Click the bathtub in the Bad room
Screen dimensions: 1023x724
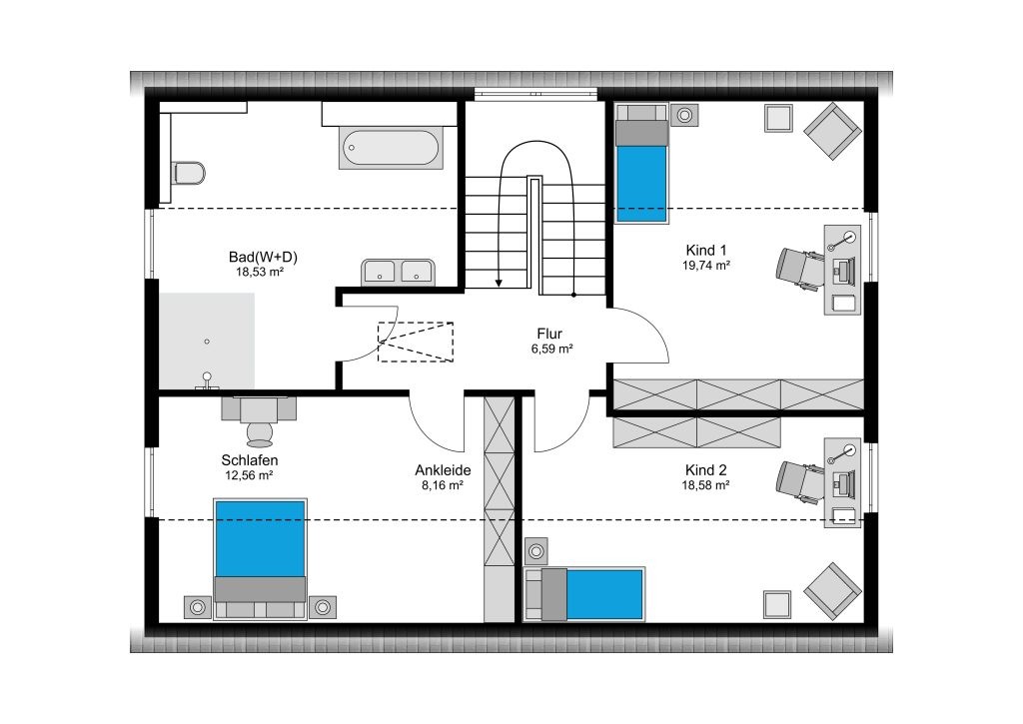pos(391,148)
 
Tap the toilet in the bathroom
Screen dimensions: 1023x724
pos(189,173)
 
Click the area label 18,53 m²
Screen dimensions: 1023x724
pos(260,272)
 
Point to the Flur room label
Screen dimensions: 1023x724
pos(549,334)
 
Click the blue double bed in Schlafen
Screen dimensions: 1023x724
pos(261,559)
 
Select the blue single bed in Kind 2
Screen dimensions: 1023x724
pos(584,594)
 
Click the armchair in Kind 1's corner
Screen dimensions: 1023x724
pos(830,131)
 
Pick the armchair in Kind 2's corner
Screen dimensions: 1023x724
pos(831,591)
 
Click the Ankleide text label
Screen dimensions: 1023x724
pos(443,470)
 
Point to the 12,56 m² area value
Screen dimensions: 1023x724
pos(249,475)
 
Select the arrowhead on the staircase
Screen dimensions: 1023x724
pos(500,283)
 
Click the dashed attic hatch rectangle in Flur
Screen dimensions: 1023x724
pos(416,342)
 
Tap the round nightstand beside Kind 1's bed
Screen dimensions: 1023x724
pos(684,116)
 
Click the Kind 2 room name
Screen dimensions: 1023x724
pos(706,470)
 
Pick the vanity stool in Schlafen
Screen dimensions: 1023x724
pos(260,431)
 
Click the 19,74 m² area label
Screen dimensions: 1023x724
pos(706,266)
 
